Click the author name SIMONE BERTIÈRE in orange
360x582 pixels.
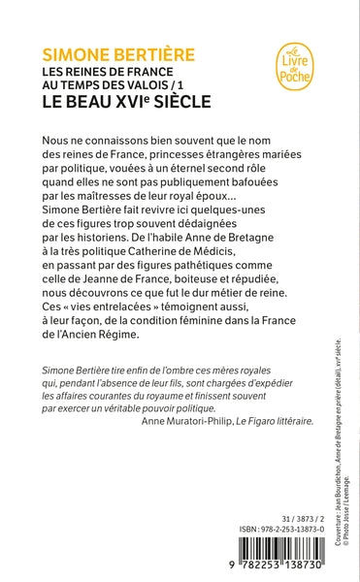106,49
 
